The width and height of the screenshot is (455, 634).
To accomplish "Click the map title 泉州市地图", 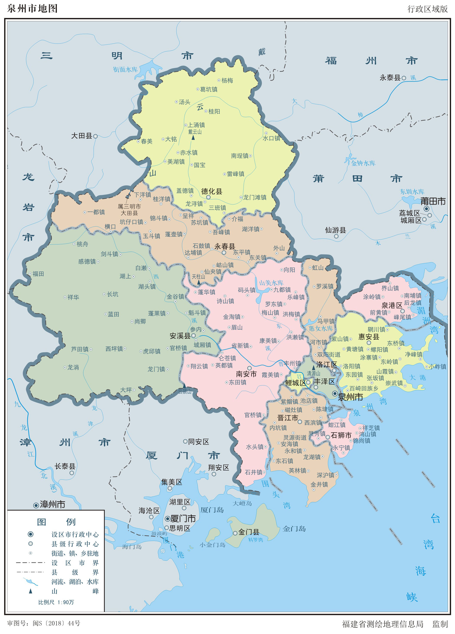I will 32,8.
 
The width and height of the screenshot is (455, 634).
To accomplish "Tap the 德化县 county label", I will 212,191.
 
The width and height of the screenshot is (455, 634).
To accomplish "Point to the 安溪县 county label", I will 180,336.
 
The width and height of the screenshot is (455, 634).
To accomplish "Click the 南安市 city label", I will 246,374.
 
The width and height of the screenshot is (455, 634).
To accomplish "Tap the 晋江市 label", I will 288,418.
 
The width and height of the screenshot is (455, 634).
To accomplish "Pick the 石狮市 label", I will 341,435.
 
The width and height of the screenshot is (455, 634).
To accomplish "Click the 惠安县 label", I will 369,336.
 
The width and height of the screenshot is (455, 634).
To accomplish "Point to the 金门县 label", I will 249,532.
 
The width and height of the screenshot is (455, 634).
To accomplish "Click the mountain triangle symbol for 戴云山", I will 193,137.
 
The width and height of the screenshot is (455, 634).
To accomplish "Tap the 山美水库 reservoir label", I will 271,283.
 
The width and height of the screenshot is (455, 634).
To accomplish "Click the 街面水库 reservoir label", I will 125,69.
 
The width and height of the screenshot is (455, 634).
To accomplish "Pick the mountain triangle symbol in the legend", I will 31,591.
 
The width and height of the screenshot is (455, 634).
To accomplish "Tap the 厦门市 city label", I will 183,519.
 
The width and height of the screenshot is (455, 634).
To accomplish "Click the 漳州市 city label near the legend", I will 52,504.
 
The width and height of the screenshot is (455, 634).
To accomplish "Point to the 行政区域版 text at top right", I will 427,9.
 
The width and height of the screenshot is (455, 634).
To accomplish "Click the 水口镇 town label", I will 271,138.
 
